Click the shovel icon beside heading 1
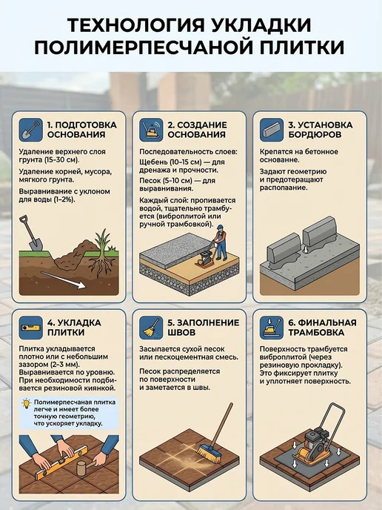pos(30,130)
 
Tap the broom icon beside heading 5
pos(151,328)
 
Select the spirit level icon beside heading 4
pos(30,328)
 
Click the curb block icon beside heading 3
pos(272,130)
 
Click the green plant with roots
pos(102,252)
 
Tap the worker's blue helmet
pos(221,227)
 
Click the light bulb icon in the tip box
pos(27,404)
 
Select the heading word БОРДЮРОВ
pos(315,135)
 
